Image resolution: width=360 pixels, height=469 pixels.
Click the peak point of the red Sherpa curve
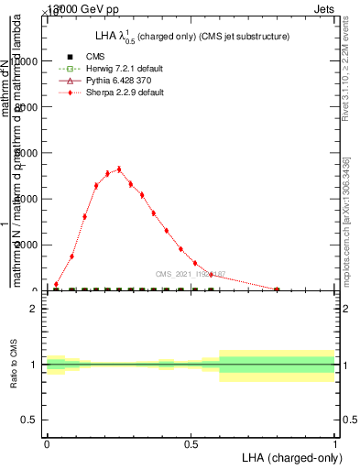click(119, 169)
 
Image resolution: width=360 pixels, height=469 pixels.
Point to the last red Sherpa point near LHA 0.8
click(277, 289)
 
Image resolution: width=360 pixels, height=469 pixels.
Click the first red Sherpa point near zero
click(56, 284)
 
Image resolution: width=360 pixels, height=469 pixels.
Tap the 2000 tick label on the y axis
click(25, 245)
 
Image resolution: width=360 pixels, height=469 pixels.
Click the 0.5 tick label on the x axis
click(191, 443)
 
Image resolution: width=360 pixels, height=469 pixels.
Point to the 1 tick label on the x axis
click(335, 443)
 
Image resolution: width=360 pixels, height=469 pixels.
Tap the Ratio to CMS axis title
click(13, 365)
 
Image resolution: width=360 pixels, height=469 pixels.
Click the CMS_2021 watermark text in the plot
click(190, 274)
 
